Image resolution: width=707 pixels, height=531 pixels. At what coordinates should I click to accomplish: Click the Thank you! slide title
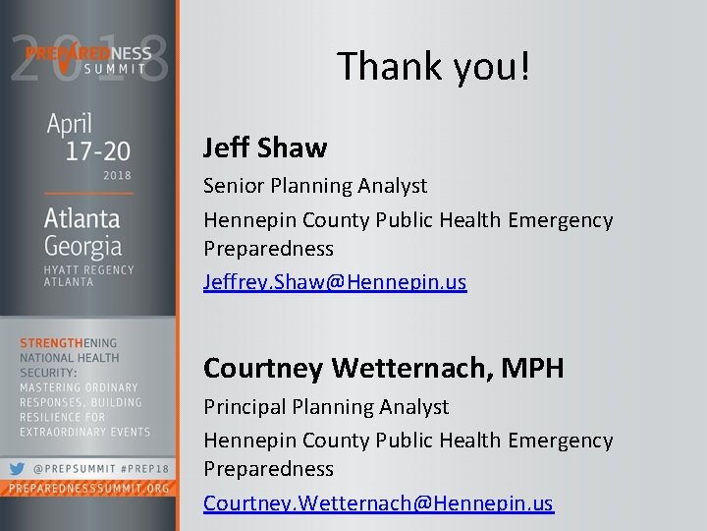coord(433,65)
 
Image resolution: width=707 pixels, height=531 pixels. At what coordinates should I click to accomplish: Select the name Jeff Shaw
coord(264,147)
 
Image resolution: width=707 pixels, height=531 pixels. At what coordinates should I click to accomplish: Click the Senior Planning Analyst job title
coord(314,185)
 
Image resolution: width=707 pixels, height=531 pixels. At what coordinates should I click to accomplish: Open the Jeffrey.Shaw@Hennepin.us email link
coord(334,281)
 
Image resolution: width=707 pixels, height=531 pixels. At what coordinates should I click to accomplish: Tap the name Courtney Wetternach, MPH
coord(383,368)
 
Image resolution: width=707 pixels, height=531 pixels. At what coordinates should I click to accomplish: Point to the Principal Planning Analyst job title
coord(325,406)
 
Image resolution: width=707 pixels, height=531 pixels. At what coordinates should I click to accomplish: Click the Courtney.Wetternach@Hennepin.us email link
coord(378,502)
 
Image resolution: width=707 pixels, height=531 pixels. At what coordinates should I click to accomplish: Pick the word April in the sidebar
coord(69,126)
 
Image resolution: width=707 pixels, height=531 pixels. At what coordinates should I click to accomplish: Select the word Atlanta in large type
coord(82,216)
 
